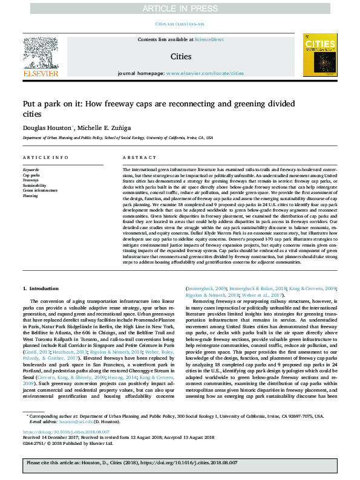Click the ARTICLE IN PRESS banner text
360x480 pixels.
pos(180,8)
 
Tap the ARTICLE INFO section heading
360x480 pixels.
pos(45,157)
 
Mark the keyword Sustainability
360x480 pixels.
pos(34,185)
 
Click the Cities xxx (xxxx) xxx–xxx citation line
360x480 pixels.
pos(180,24)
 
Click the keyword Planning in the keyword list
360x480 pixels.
pos(31,195)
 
